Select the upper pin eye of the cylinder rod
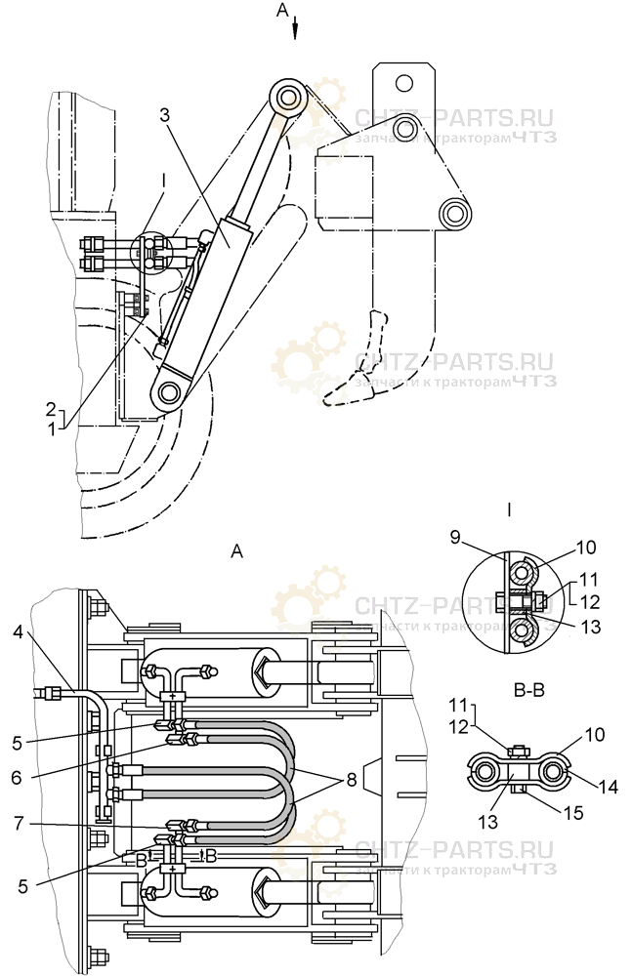coord(287,98)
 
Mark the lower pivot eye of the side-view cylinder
coord(170,392)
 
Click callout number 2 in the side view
coord(50,407)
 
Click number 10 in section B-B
coord(593,734)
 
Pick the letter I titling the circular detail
coord(509,508)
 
